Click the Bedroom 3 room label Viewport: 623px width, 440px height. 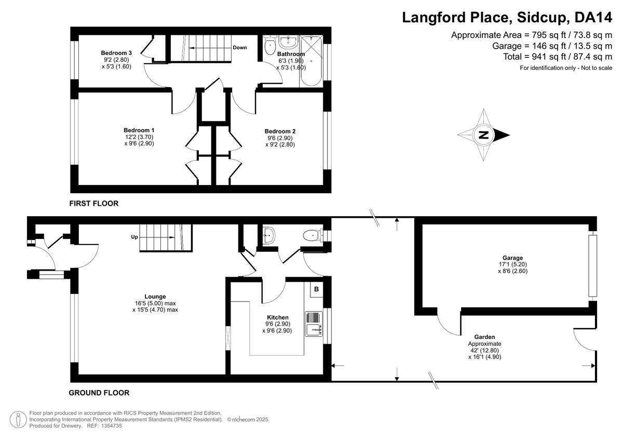pos(116,53)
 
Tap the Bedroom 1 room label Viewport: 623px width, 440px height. pos(139,130)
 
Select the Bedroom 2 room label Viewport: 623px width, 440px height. pos(280,131)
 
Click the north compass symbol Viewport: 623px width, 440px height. pos(483,135)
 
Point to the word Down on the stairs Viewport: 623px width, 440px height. pos(239,48)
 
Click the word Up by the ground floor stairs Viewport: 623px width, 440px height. pos(134,237)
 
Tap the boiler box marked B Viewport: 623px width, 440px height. pos(316,289)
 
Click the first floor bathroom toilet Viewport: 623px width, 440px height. pos(270,47)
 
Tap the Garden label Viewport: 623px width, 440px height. pos(484,336)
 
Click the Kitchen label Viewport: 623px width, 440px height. pos(278,317)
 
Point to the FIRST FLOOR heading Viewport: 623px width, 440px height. pos(94,204)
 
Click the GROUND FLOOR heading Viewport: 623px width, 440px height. pos(99,393)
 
